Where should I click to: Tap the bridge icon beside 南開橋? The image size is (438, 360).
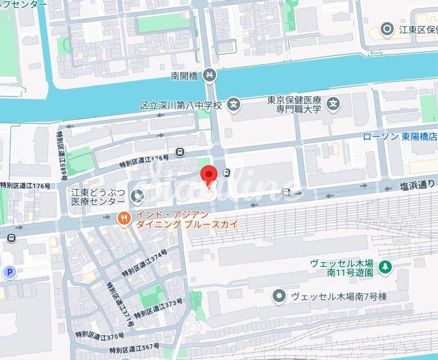click(x=210, y=76)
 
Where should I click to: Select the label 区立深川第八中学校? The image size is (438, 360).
click(x=182, y=105)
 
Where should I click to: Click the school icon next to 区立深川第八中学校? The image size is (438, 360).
click(x=234, y=104)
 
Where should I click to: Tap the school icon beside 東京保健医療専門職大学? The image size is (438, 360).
click(x=333, y=104)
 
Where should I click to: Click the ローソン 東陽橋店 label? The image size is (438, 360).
click(x=398, y=137)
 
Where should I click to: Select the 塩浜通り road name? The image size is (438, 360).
click(x=417, y=186)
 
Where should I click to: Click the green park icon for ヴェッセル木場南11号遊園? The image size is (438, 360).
click(x=385, y=266)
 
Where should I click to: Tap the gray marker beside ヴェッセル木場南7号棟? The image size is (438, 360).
click(x=279, y=296)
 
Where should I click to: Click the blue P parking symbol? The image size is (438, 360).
click(x=9, y=273)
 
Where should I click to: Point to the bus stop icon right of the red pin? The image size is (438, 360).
click(x=226, y=173)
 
